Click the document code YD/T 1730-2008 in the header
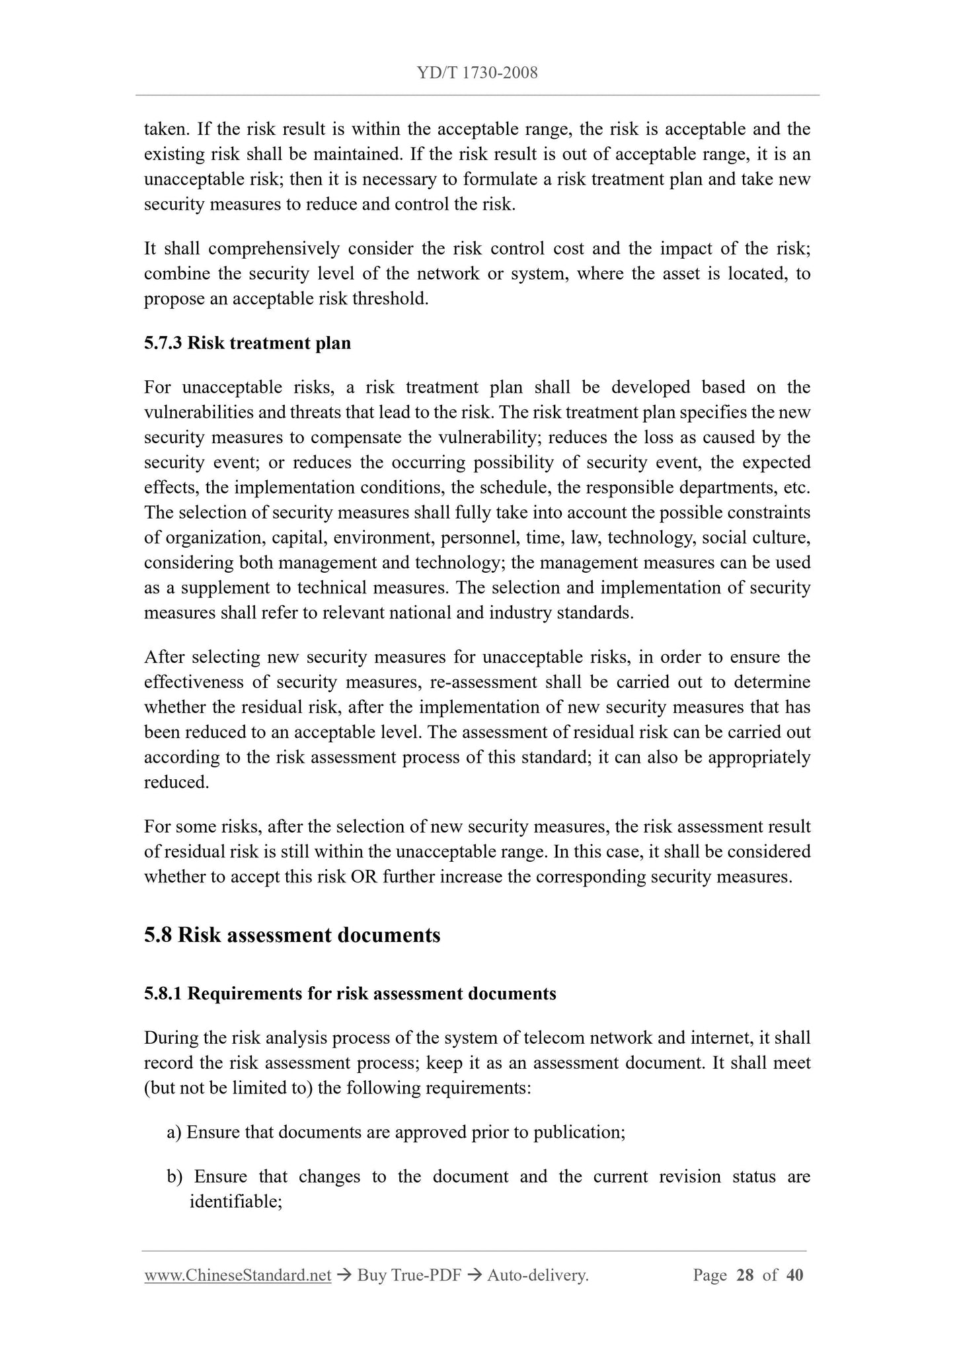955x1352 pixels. (x=477, y=73)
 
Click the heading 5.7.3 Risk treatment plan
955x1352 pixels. (x=247, y=343)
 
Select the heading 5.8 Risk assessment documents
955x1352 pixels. (x=292, y=935)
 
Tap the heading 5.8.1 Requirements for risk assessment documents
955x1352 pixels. (x=350, y=993)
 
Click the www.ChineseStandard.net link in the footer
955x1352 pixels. (x=237, y=1275)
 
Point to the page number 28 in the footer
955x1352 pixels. (x=744, y=1275)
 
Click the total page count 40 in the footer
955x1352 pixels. (x=794, y=1275)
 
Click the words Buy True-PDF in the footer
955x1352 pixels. (x=408, y=1275)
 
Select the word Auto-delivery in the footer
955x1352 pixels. (x=536, y=1275)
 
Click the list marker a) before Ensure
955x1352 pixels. (x=174, y=1132)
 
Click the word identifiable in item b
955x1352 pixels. (x=235, y=1202)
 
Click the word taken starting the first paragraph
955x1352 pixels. (x=166, y=129)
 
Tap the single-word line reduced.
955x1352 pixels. (x=176, y=783)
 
